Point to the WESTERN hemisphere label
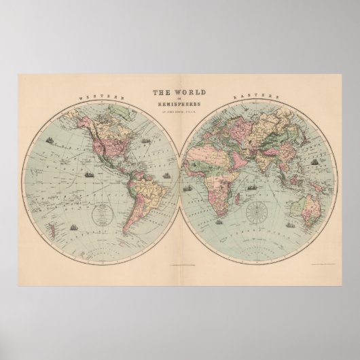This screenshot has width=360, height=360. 99,98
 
